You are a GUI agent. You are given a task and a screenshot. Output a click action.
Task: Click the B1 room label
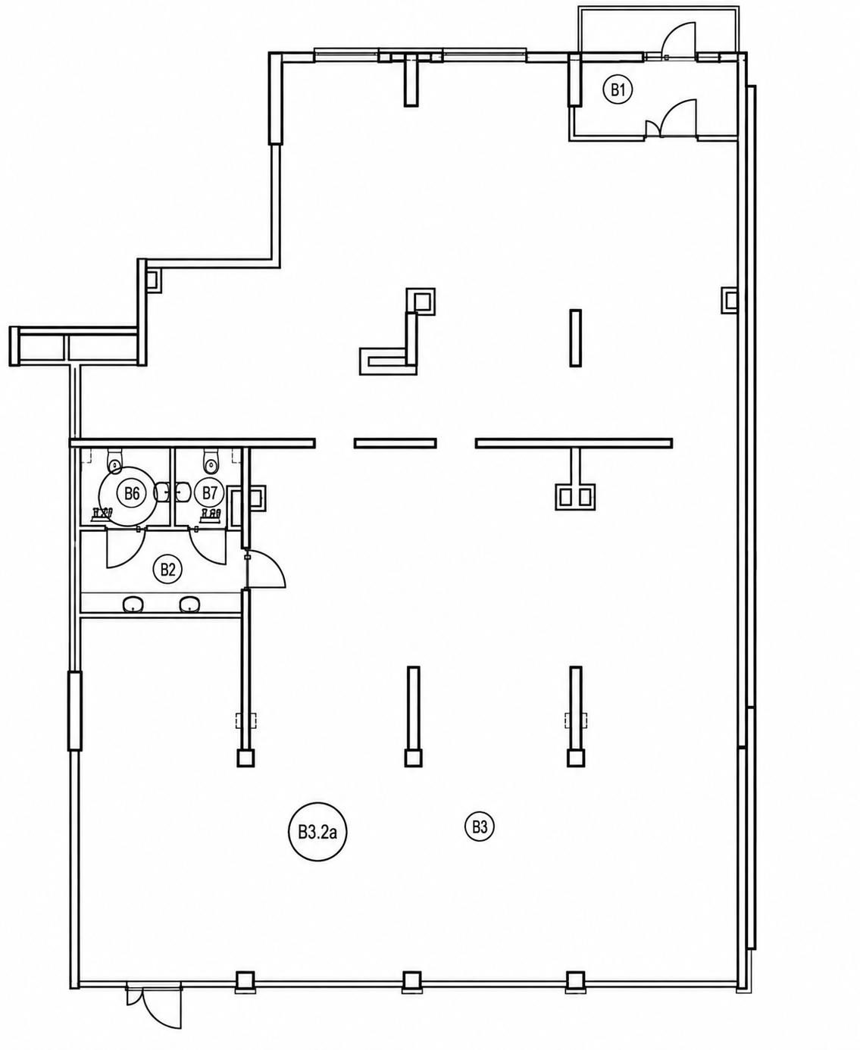click(618, 90)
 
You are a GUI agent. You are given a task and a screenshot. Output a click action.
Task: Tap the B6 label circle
click(132, 493)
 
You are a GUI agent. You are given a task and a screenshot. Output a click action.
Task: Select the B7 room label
click(210, 493)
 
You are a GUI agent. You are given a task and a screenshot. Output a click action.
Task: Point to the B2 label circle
click(167, 569)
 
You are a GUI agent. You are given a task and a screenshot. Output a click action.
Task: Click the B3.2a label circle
click(317, 833)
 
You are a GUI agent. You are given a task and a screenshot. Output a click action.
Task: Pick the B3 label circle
click(479, 828)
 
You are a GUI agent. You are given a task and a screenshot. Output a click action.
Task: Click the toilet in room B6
click(115, 461)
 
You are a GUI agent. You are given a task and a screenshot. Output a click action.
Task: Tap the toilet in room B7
click(211, 461)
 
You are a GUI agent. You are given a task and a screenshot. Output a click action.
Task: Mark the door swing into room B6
click(126, 548)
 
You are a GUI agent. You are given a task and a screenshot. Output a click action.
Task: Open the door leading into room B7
click(208, 548)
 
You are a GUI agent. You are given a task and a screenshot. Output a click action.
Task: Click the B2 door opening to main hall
click(265, 569)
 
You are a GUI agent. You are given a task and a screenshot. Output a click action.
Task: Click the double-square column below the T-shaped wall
click(575, 496)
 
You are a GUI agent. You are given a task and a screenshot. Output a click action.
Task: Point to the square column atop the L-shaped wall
click(421, 302)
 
